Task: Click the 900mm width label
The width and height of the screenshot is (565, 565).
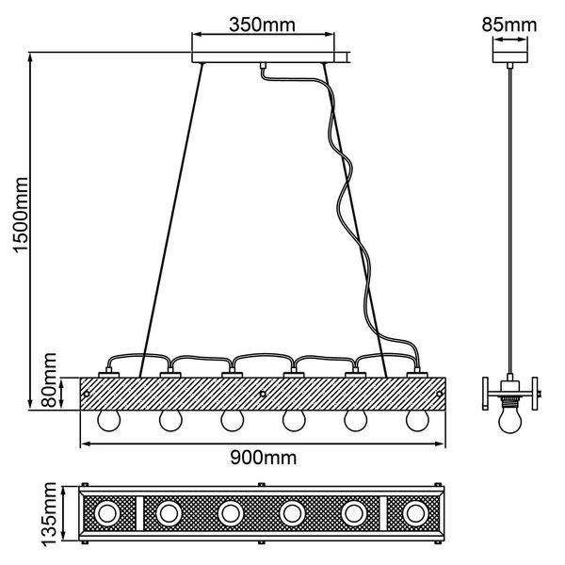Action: [263, 459]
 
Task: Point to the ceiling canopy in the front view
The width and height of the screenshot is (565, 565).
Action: [263, 59]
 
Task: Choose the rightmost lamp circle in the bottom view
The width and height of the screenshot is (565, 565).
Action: [414, 513]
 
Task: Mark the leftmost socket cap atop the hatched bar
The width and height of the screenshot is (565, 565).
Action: [108, 376]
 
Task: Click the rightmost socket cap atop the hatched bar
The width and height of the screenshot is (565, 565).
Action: [414, 376]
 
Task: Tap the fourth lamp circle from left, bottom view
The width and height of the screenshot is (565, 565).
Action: [292, 513]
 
